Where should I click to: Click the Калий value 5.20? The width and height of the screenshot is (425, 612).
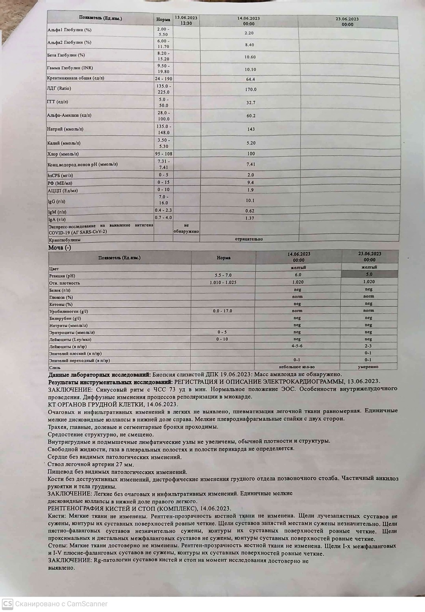click(250, 143)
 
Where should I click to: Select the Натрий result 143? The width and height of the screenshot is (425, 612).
click(250, 129)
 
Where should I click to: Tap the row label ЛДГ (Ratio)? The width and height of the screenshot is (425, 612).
click(59, 89)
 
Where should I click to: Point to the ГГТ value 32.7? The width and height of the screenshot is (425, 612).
click(250, 103)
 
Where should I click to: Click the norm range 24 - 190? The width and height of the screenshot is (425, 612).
click(163, 79)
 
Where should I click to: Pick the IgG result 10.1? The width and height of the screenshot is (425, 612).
click(250, 201)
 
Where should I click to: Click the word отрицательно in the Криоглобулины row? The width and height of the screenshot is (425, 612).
click(249, 239)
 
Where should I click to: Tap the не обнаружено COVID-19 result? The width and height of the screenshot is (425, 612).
click(186, 228)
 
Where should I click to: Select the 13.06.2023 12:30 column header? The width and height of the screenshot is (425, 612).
click(186, 20)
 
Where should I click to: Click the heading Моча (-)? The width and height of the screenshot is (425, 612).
click(60, 248)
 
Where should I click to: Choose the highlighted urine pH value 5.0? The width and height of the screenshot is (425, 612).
click(369, 275)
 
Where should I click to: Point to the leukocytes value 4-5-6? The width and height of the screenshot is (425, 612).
click(297, 346)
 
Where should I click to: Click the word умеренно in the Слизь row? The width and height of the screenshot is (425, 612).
click(368, 367)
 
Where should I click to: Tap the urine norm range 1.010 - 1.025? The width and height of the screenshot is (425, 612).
click(223, 282)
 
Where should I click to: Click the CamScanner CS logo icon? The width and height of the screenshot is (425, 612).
click(7, 603)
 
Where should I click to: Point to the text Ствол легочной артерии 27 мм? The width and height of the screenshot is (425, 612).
click(91, 464)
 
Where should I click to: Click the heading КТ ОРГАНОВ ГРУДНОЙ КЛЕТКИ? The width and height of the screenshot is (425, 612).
click(113, 404)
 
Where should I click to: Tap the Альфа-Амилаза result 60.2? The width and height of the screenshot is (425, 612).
click(251, 116)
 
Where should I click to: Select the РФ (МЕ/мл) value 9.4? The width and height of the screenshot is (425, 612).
click(250, 183)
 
